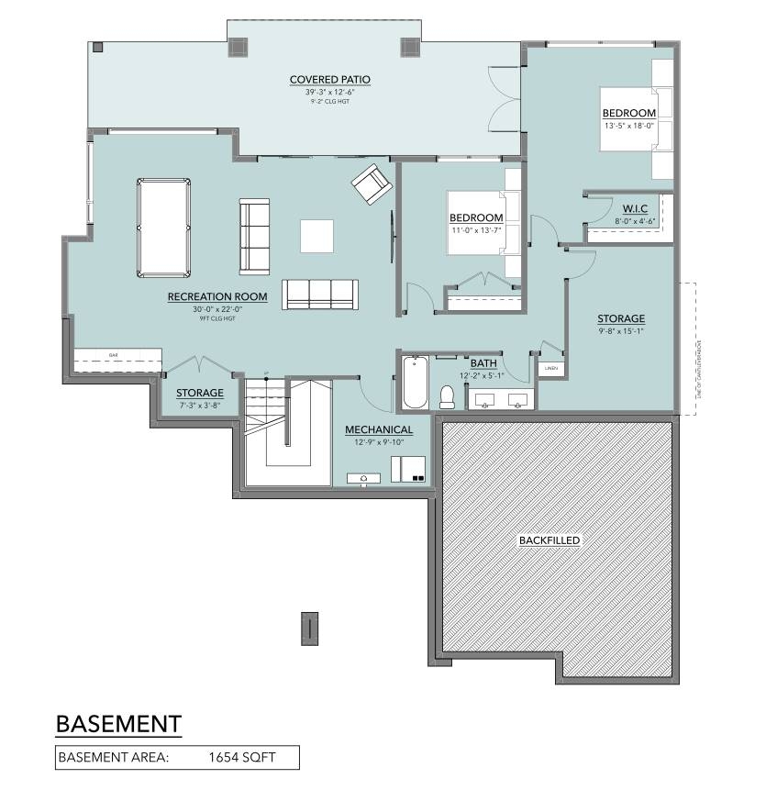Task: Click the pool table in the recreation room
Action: [164, 228]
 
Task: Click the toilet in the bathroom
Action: [448, 395]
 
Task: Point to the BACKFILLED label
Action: [549, 540]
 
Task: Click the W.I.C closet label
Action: [635, 209]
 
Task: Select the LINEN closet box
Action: [550, 369]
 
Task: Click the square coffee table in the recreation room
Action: [317, 236]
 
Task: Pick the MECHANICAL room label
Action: [379, 429]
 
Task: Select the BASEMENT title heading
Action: [118, 723]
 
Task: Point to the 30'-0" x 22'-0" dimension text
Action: [217, 309]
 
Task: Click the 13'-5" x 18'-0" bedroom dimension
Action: [629, 126]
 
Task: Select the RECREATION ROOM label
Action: [217, 297]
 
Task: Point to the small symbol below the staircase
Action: [311, 629]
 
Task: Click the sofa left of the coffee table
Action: [255, 236]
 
